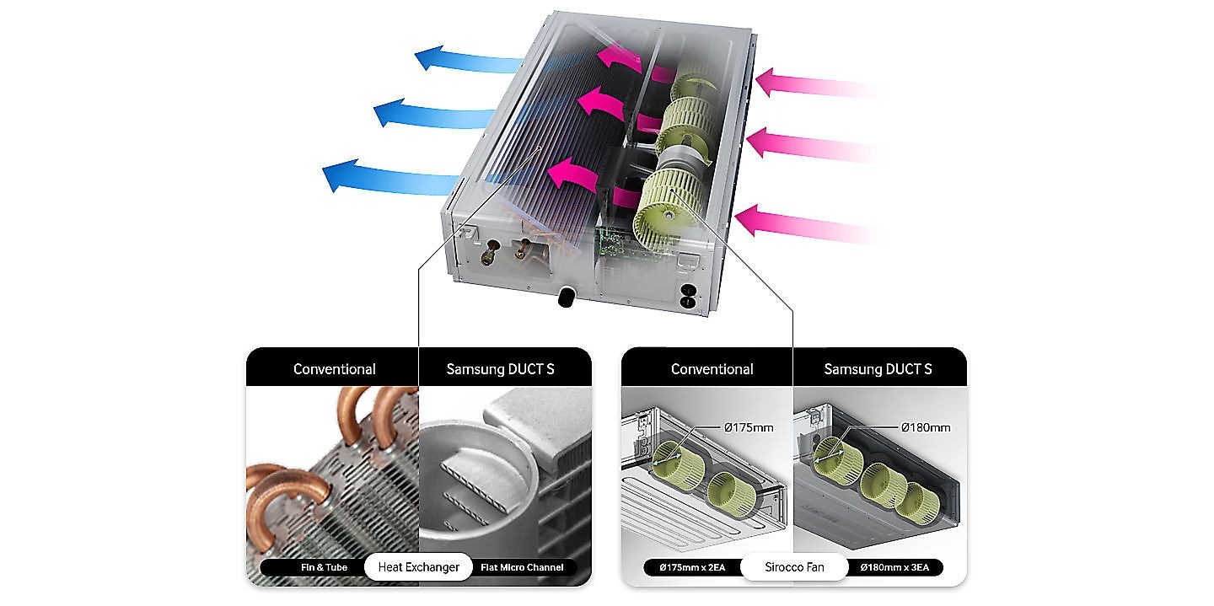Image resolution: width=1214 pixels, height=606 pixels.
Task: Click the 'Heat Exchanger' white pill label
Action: tap(418, 567)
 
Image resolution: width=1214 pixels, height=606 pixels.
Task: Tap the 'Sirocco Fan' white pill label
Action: tap(794, 567)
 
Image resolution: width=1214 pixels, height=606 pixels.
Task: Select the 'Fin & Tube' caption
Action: tap(324, 567)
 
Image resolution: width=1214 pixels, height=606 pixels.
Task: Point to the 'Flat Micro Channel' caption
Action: tap(522, 567)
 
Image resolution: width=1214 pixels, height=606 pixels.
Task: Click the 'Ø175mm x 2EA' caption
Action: tap(692, 567)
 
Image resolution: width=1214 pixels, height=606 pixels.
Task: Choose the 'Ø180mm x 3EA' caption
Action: tap(894, 567)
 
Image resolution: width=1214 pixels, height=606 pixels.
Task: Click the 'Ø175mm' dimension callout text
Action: tap(749, 427)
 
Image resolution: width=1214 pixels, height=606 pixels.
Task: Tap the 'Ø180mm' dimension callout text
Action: tap(926, 427)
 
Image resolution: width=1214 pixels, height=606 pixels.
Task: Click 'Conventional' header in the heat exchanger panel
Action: tap(335, 369)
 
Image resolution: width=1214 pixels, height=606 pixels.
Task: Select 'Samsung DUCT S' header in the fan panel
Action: tap(878, 369)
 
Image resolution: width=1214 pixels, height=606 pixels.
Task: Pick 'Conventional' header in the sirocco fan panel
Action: tap(712, 369)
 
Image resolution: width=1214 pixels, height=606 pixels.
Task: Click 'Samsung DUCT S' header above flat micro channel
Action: tap(500, 369)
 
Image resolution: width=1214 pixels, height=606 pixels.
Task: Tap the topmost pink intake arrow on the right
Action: tap(819, 84)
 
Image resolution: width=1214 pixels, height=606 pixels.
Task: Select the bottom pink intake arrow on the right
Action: tap(808, 223)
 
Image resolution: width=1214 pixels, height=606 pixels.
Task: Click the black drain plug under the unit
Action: tap(567, 297)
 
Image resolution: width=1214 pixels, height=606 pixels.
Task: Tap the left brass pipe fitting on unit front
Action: tap(491, 252)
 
